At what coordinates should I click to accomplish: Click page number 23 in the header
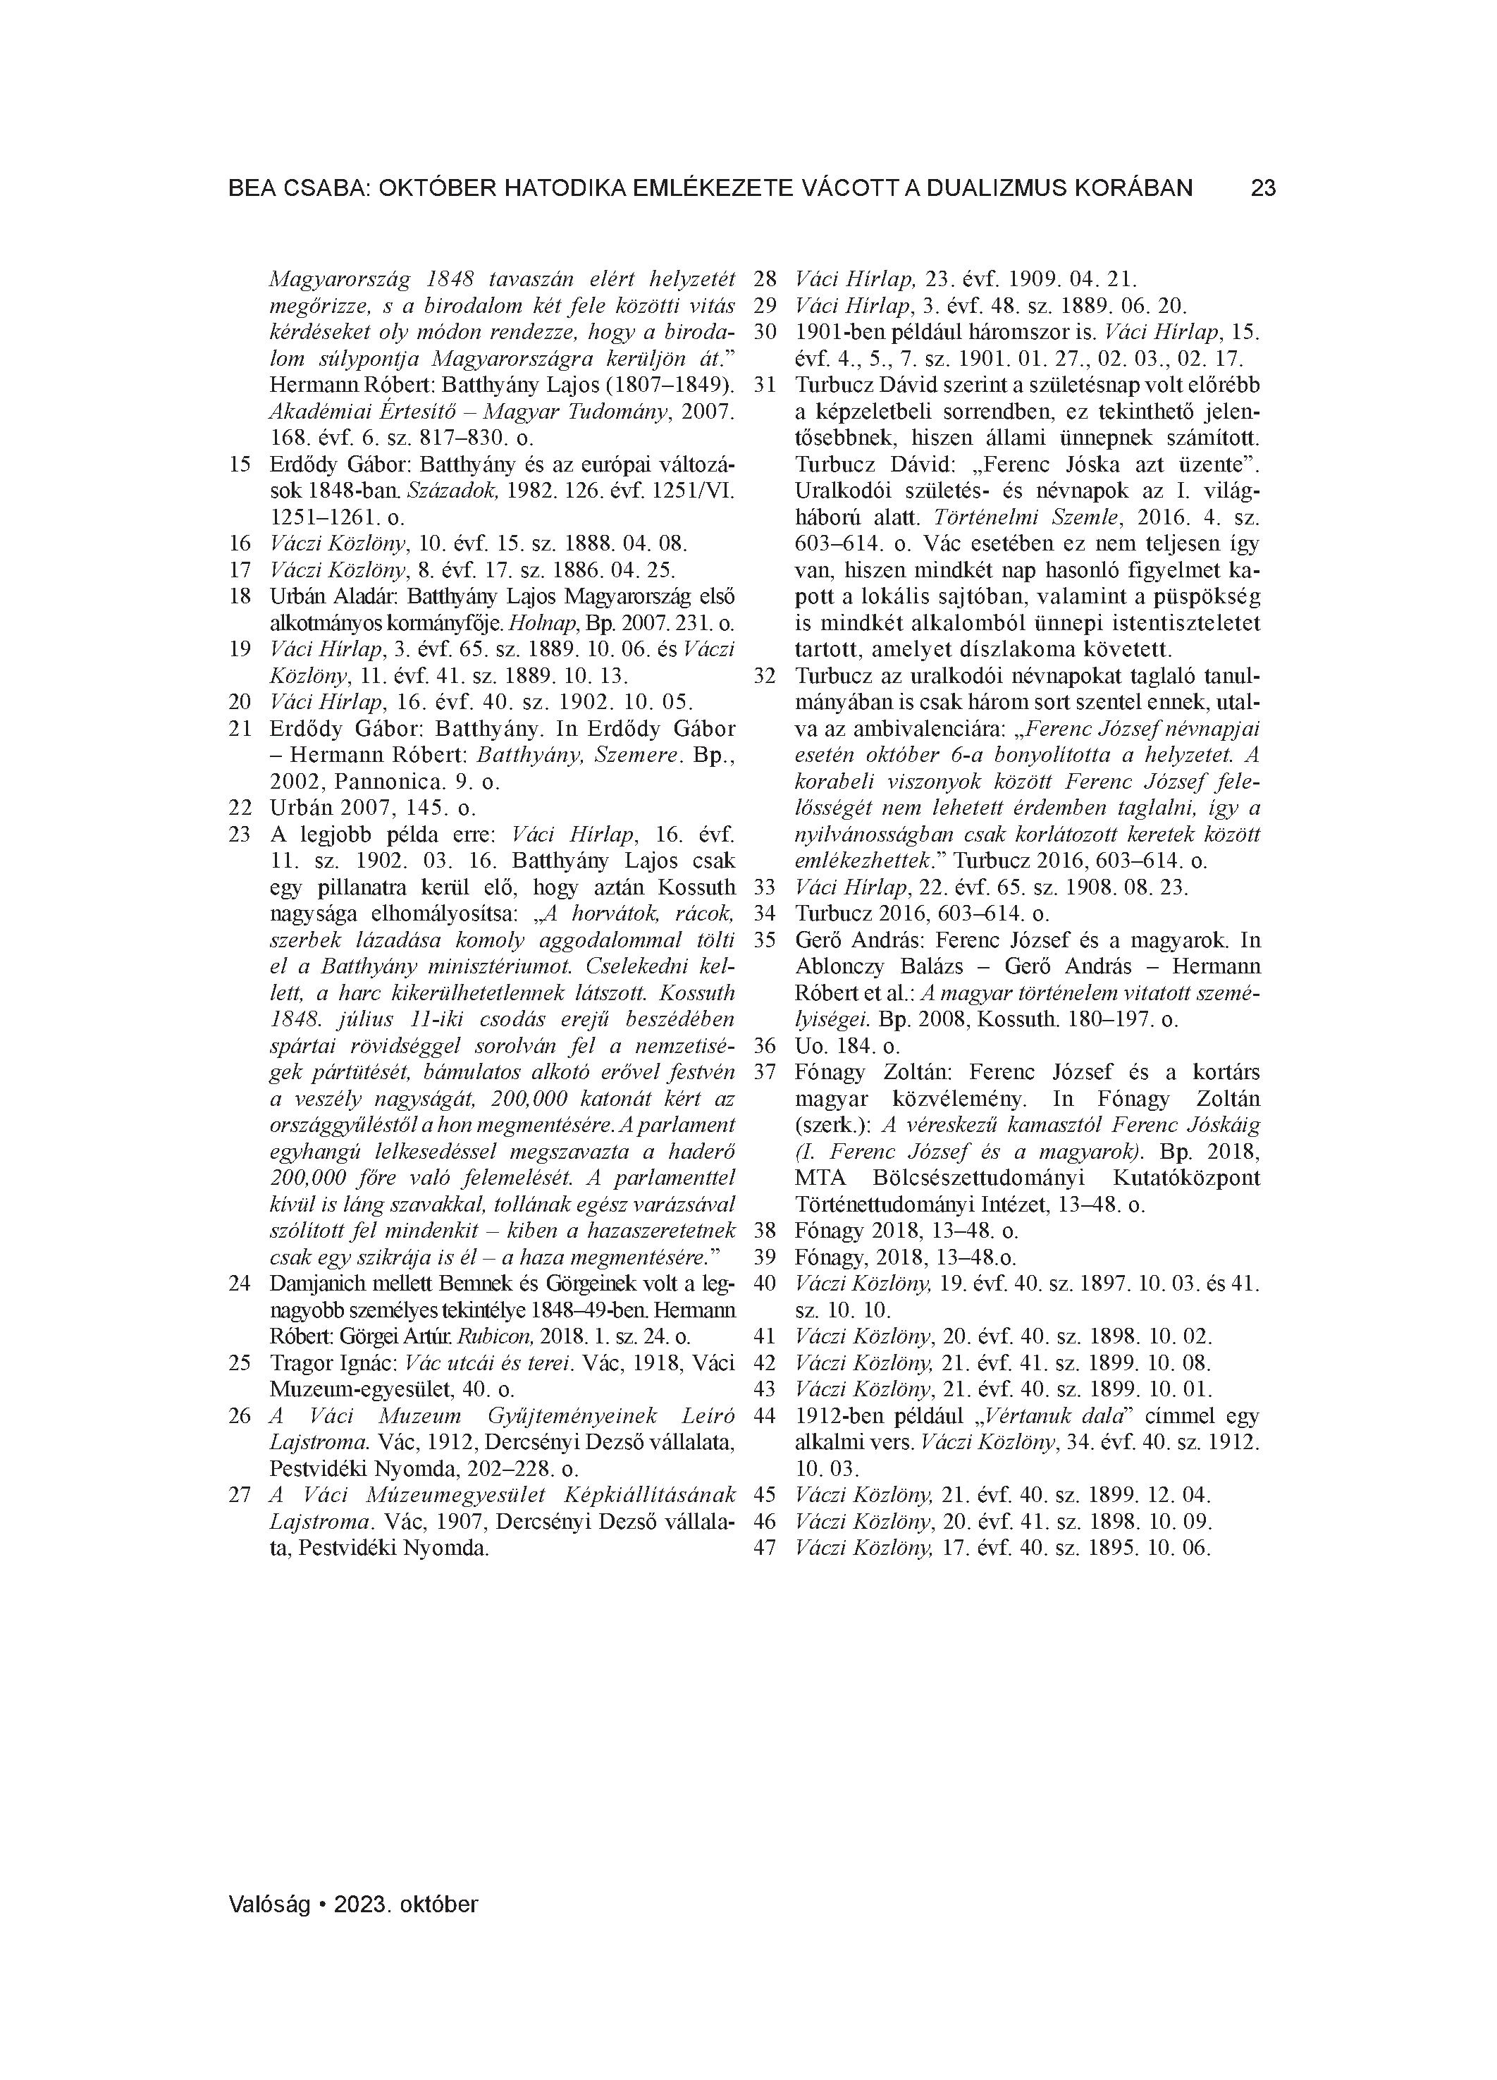(1263, 189)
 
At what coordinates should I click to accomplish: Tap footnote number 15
(240, 465)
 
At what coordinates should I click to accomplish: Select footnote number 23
(240, 835)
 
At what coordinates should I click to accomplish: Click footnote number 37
(764, 1072)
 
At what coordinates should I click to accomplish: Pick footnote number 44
(764, 1416)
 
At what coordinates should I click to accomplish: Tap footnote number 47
(764, 1548)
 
